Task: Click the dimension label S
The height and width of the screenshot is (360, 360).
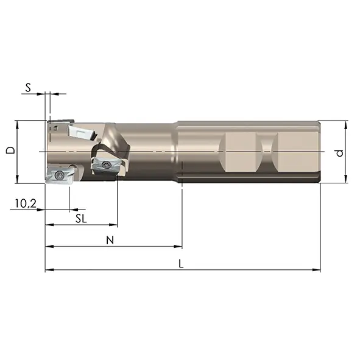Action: tap(28, 88)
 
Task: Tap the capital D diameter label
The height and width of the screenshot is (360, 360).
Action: tap(10, 150)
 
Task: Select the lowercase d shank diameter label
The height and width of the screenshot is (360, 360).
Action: tap(339, 153)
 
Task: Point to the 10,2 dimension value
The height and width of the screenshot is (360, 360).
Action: tap(26, 203)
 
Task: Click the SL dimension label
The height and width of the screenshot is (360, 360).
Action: tap(81, 219)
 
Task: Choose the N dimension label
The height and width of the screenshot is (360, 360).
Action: tap(110, 241)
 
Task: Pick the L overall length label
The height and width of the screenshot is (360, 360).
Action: tap(181, 264)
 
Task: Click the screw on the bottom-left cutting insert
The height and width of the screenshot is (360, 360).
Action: tap(60, 175)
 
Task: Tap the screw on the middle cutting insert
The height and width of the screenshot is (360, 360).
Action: tap(106, 164)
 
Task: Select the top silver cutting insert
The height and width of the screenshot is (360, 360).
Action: tap(82, 132)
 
